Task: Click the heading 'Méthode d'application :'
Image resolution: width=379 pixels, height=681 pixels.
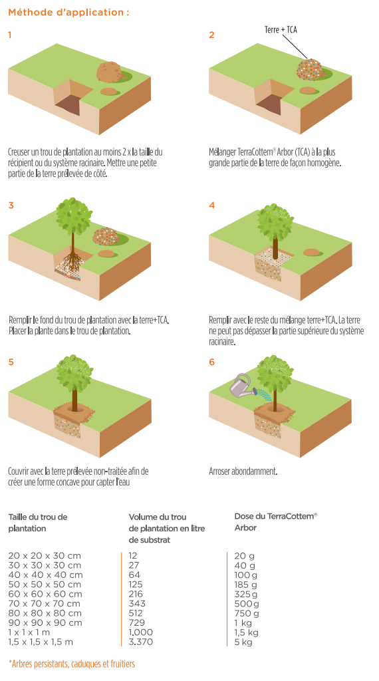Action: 68,13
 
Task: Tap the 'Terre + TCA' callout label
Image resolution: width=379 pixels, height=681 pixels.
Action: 281,29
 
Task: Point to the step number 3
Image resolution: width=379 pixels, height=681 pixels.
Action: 11,205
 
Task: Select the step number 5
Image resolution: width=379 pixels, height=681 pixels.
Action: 11,362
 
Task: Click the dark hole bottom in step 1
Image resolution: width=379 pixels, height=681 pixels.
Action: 68,105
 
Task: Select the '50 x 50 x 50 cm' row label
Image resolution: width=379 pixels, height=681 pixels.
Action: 45,585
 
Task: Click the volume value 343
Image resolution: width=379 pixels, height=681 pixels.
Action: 137,604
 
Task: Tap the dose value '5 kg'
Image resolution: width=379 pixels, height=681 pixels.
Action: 243,642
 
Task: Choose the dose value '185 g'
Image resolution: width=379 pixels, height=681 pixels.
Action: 246,585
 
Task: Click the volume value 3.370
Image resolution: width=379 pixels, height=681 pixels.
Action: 141,642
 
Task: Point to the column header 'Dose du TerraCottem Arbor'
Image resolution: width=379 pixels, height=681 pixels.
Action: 276,521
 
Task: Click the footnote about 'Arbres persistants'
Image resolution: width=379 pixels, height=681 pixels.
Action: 72,664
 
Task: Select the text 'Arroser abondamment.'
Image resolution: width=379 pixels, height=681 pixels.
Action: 243,472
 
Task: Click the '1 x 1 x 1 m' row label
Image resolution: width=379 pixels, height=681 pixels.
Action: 29,632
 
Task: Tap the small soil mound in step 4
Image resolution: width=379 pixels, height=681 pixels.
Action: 311,252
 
